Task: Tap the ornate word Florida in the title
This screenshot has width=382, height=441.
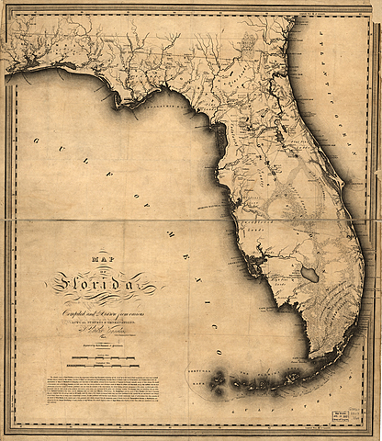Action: click(102, 287)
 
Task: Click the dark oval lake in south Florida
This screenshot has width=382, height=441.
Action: click(310, 274)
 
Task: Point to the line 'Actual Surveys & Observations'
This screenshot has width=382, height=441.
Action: click(101, 323)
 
